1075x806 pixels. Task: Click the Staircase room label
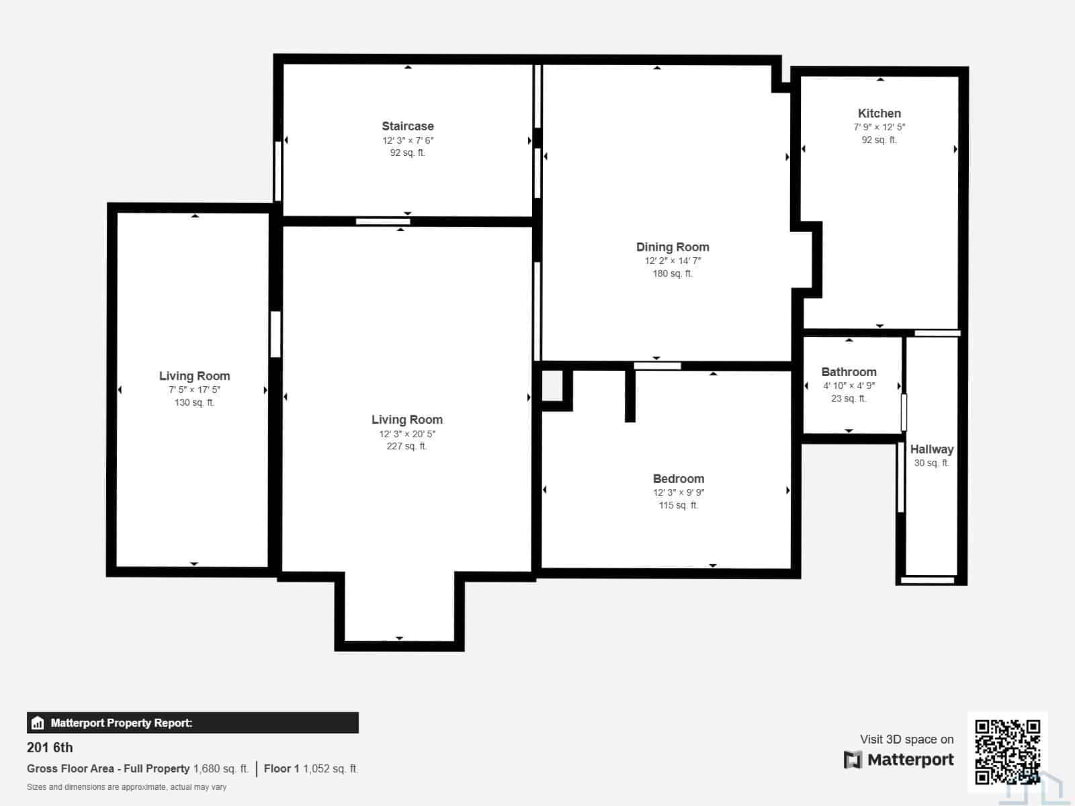[x=407, y=126]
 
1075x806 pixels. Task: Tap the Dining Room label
[x=673, y=247]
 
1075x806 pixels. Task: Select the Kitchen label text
[x=879, y=114]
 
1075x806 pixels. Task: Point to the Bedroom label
[x=679, y=479]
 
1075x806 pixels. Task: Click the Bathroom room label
[x=849, y=372]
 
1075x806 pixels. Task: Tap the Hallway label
[x=931, y=449]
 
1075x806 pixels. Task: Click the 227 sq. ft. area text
[x=406, y=446]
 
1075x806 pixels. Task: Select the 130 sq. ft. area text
[x=194, y=403]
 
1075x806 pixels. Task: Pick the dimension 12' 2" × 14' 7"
[x=673, y=261]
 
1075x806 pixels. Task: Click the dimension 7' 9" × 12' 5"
[x=879, y=127]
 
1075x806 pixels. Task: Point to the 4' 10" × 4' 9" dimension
[x=849, y=386]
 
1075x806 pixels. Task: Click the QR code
[x=1007, y=752]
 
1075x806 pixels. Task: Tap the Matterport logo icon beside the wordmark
[x=853, y=760]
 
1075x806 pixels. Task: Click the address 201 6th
[x=50, y=748]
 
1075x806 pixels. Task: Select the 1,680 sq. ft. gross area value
[x=221, y=769]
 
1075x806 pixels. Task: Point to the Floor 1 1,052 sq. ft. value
[x=311, y=769]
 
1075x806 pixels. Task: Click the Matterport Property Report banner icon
[x=38, y=723]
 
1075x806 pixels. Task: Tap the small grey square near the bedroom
[x=552, y=386]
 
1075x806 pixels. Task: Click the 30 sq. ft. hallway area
[x=931, y=463]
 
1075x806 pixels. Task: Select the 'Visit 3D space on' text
[x=907, y=740]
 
